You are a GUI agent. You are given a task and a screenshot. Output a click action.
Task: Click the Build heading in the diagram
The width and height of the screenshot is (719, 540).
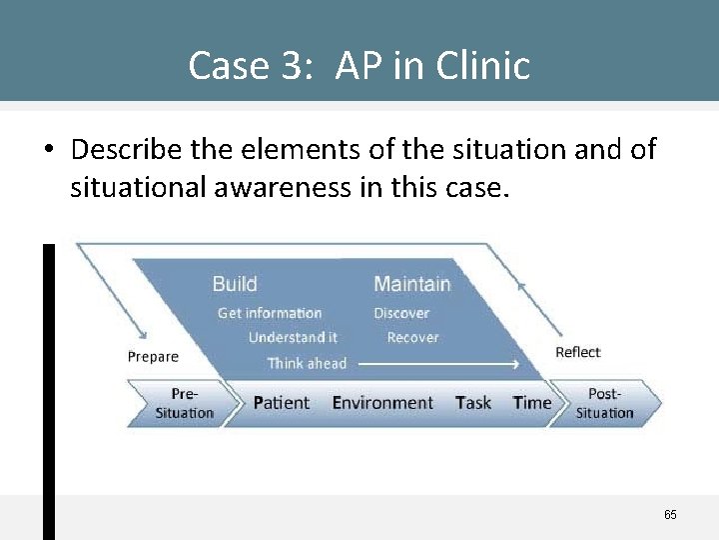234,284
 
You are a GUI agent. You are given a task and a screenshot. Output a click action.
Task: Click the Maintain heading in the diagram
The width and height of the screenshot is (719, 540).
411,284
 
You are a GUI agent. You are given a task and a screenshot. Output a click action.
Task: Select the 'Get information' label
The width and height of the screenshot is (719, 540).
270,313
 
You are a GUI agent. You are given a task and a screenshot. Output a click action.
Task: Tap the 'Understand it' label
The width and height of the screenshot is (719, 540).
293,338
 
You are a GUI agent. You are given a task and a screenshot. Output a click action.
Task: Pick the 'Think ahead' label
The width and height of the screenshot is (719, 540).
307,363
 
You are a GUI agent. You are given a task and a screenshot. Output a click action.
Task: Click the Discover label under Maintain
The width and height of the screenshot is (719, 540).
401,313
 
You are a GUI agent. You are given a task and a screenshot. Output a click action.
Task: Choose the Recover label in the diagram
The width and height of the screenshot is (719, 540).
412,338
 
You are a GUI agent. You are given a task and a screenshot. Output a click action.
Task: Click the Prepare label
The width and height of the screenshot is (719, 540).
153,357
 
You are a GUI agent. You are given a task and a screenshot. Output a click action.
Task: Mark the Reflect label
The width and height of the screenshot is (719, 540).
577,352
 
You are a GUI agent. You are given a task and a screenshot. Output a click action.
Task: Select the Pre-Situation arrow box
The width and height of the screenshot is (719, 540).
184,403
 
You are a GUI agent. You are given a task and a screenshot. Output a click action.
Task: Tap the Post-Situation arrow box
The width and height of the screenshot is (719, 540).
605,403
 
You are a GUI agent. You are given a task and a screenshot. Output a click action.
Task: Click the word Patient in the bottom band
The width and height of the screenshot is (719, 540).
281,403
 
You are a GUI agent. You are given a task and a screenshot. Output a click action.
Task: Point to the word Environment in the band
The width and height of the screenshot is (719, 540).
382,403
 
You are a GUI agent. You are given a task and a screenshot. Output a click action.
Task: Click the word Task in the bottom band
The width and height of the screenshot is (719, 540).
472,403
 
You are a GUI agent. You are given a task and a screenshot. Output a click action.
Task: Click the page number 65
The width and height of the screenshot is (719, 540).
670,515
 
